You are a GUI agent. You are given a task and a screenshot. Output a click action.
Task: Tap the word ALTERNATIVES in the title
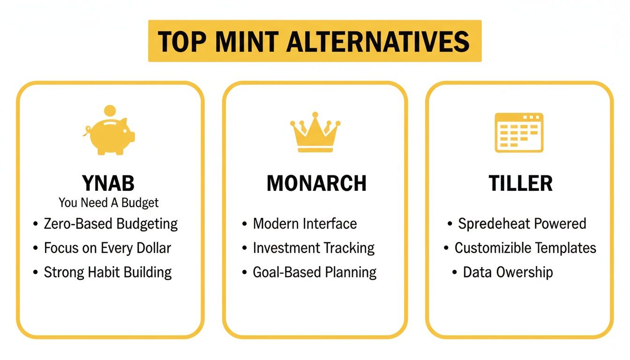point(378,41)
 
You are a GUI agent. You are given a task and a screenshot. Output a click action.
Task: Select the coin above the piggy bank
point(110,111)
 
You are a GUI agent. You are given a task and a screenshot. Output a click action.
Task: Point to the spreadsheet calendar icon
point(519,132)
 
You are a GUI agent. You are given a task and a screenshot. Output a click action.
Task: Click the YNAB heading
point(108,183)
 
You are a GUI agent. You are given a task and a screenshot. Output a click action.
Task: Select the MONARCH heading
point(316,183)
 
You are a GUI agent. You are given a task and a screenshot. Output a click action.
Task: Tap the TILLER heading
point(520,183)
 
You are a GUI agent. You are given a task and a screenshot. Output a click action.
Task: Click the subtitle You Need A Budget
point(109,202)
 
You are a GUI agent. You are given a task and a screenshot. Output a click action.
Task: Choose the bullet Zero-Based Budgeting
point(111,224)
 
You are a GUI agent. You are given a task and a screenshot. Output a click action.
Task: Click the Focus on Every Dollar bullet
point(107,248)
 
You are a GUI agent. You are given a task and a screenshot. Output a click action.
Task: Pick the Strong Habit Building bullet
point(108,272)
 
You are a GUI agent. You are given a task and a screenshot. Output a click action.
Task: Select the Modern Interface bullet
point(305,224)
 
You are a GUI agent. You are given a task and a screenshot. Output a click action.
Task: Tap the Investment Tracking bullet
point(314,248)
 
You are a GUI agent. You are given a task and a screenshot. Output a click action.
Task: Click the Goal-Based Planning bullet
point(315,272)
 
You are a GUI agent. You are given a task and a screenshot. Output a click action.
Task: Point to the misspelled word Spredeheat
point(491,224)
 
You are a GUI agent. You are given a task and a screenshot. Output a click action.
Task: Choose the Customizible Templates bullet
point(525,248)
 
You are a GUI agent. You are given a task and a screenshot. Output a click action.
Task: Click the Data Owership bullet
point(508,272)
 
